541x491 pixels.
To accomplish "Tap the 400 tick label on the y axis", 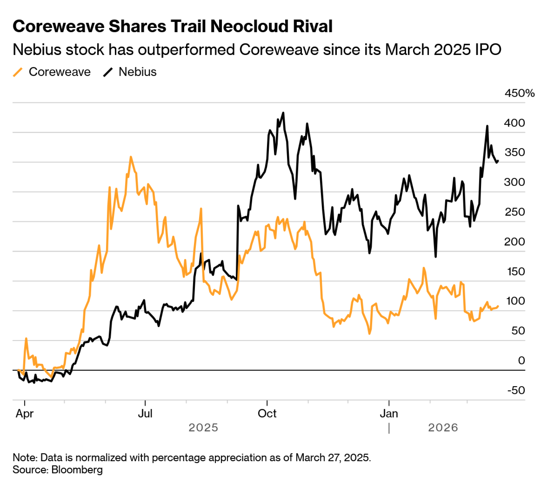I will [514, 123].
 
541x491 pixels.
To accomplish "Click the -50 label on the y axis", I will [516, 390].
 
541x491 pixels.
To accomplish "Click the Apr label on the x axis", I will [25, 414].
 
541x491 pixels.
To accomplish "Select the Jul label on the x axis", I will [145, 414].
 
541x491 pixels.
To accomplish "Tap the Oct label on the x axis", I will [267, 414].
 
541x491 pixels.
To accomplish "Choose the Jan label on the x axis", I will [389, 414].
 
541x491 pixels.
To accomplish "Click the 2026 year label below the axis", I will [443, 428].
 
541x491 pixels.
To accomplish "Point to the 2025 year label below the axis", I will [203, 428].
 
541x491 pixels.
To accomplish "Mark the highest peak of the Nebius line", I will [283, 113].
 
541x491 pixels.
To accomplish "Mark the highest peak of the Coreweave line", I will [131, 157].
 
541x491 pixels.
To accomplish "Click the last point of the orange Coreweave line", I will [498, 306].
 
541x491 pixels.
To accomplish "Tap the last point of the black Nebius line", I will [498, 161].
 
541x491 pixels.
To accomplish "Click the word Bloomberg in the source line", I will [77, 470].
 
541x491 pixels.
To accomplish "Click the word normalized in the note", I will [101, 457].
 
